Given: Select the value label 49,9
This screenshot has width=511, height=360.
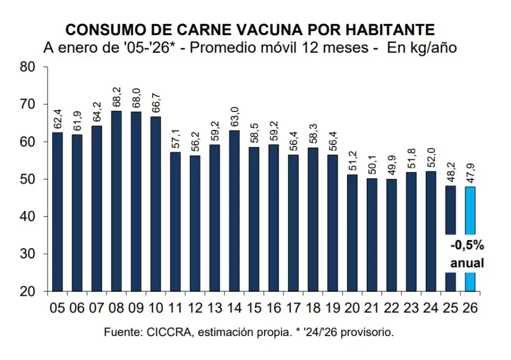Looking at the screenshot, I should pos(391,166).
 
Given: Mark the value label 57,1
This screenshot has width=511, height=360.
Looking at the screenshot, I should pos(175,139).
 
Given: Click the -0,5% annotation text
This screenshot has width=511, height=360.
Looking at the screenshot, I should pos(467,246).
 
